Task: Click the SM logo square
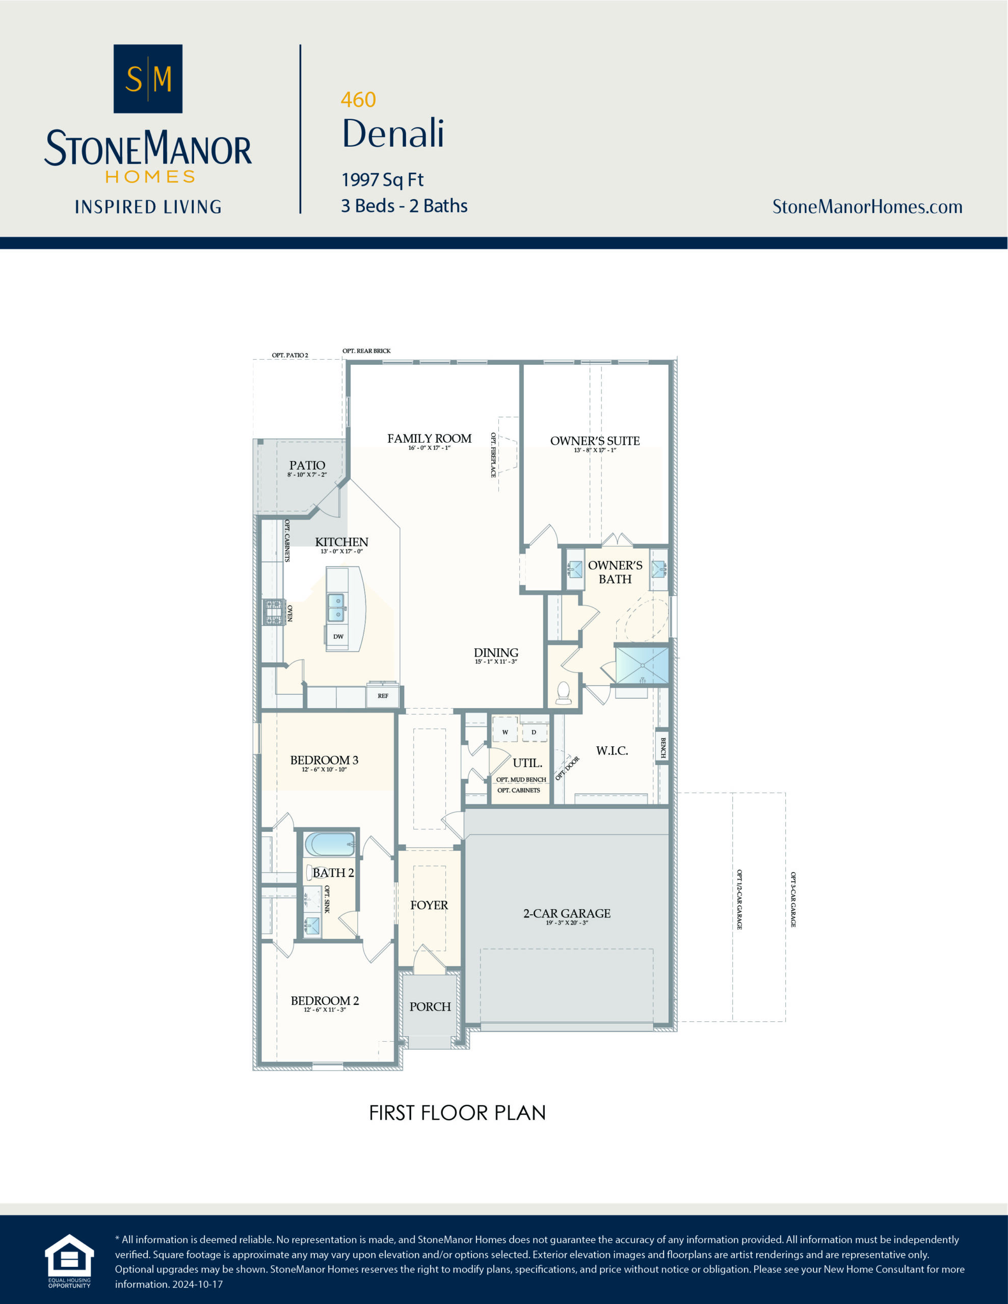148,78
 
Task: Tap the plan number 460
358,99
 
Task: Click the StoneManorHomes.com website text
867,207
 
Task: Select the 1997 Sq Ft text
382,179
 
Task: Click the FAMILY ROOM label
429,439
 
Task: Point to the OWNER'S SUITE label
595,441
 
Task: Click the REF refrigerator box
382,696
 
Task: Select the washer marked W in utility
505,731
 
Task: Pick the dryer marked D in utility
534,731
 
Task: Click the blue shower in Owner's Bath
642,665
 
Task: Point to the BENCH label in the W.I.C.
662,748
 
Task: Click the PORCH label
430,1007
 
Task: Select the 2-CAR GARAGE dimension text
567,923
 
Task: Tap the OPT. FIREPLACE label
493,454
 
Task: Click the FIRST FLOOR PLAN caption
457,1113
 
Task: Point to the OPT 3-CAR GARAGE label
793,899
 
